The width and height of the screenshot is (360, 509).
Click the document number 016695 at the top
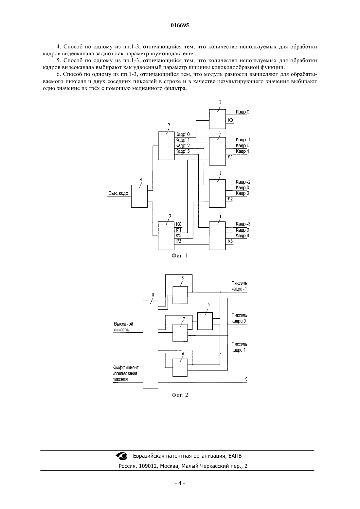click(x=180, y=25)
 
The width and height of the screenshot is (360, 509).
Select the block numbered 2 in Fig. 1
click(x=218, y=119)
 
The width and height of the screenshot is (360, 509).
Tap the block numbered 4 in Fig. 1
click(x=139, y=196)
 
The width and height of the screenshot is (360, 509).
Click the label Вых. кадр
click(x=118, y=193)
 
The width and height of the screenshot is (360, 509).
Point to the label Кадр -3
click(x=243, y=224)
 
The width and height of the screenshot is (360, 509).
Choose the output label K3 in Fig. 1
click(x=230, y=241)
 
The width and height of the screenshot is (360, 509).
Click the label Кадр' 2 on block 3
click(x=183, y=146)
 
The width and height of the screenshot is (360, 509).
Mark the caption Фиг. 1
click(x=180, y=255)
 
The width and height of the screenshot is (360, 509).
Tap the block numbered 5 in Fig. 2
click(x=205, y=321)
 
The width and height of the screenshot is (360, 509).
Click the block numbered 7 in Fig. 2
click(x=180, y=333)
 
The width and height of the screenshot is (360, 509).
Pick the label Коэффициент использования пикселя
click(x=125, y=373)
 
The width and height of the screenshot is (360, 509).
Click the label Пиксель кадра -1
click(x=239, y=286)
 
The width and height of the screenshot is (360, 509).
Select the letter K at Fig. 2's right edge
click(x=246, y=379)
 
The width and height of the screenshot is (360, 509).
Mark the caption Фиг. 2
click(x=180, y=395)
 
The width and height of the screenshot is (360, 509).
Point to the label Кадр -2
click(x=243, y=182)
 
